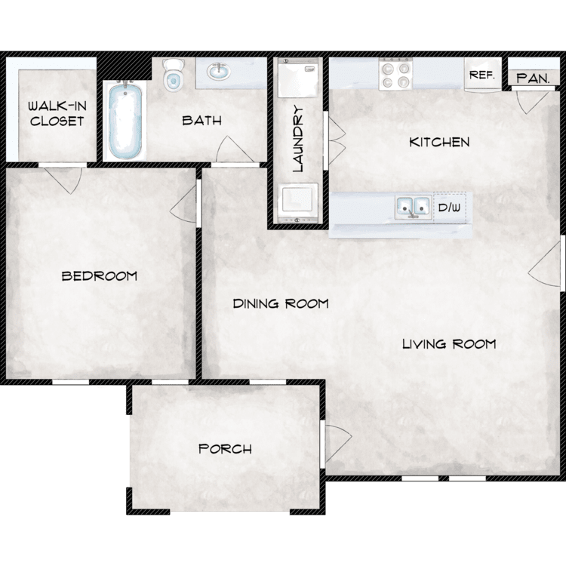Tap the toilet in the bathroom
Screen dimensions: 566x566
pos(174,75)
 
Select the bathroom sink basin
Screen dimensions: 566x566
pos(219,71)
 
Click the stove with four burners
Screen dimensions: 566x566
pos(395,74)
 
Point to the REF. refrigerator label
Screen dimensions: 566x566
pos(482,75)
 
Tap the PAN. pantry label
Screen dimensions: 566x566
pos(533,78)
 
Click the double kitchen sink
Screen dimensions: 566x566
pos(414,208)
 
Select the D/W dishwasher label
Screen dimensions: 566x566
pos(450,208)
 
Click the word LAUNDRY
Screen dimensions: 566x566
pos(299,138)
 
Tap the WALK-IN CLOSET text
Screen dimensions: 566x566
pos(57,113)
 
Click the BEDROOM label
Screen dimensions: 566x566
pos(100,276)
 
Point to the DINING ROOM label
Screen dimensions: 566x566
pos(281,303)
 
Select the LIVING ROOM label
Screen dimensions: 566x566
pos(449,344)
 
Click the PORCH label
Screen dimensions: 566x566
pos(225,449)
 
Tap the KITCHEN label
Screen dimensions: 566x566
pos(439,142)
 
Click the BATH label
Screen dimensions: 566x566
pos(201,121)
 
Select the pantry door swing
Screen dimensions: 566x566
pos(531,101)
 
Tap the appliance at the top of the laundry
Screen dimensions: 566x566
pos(298,78)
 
